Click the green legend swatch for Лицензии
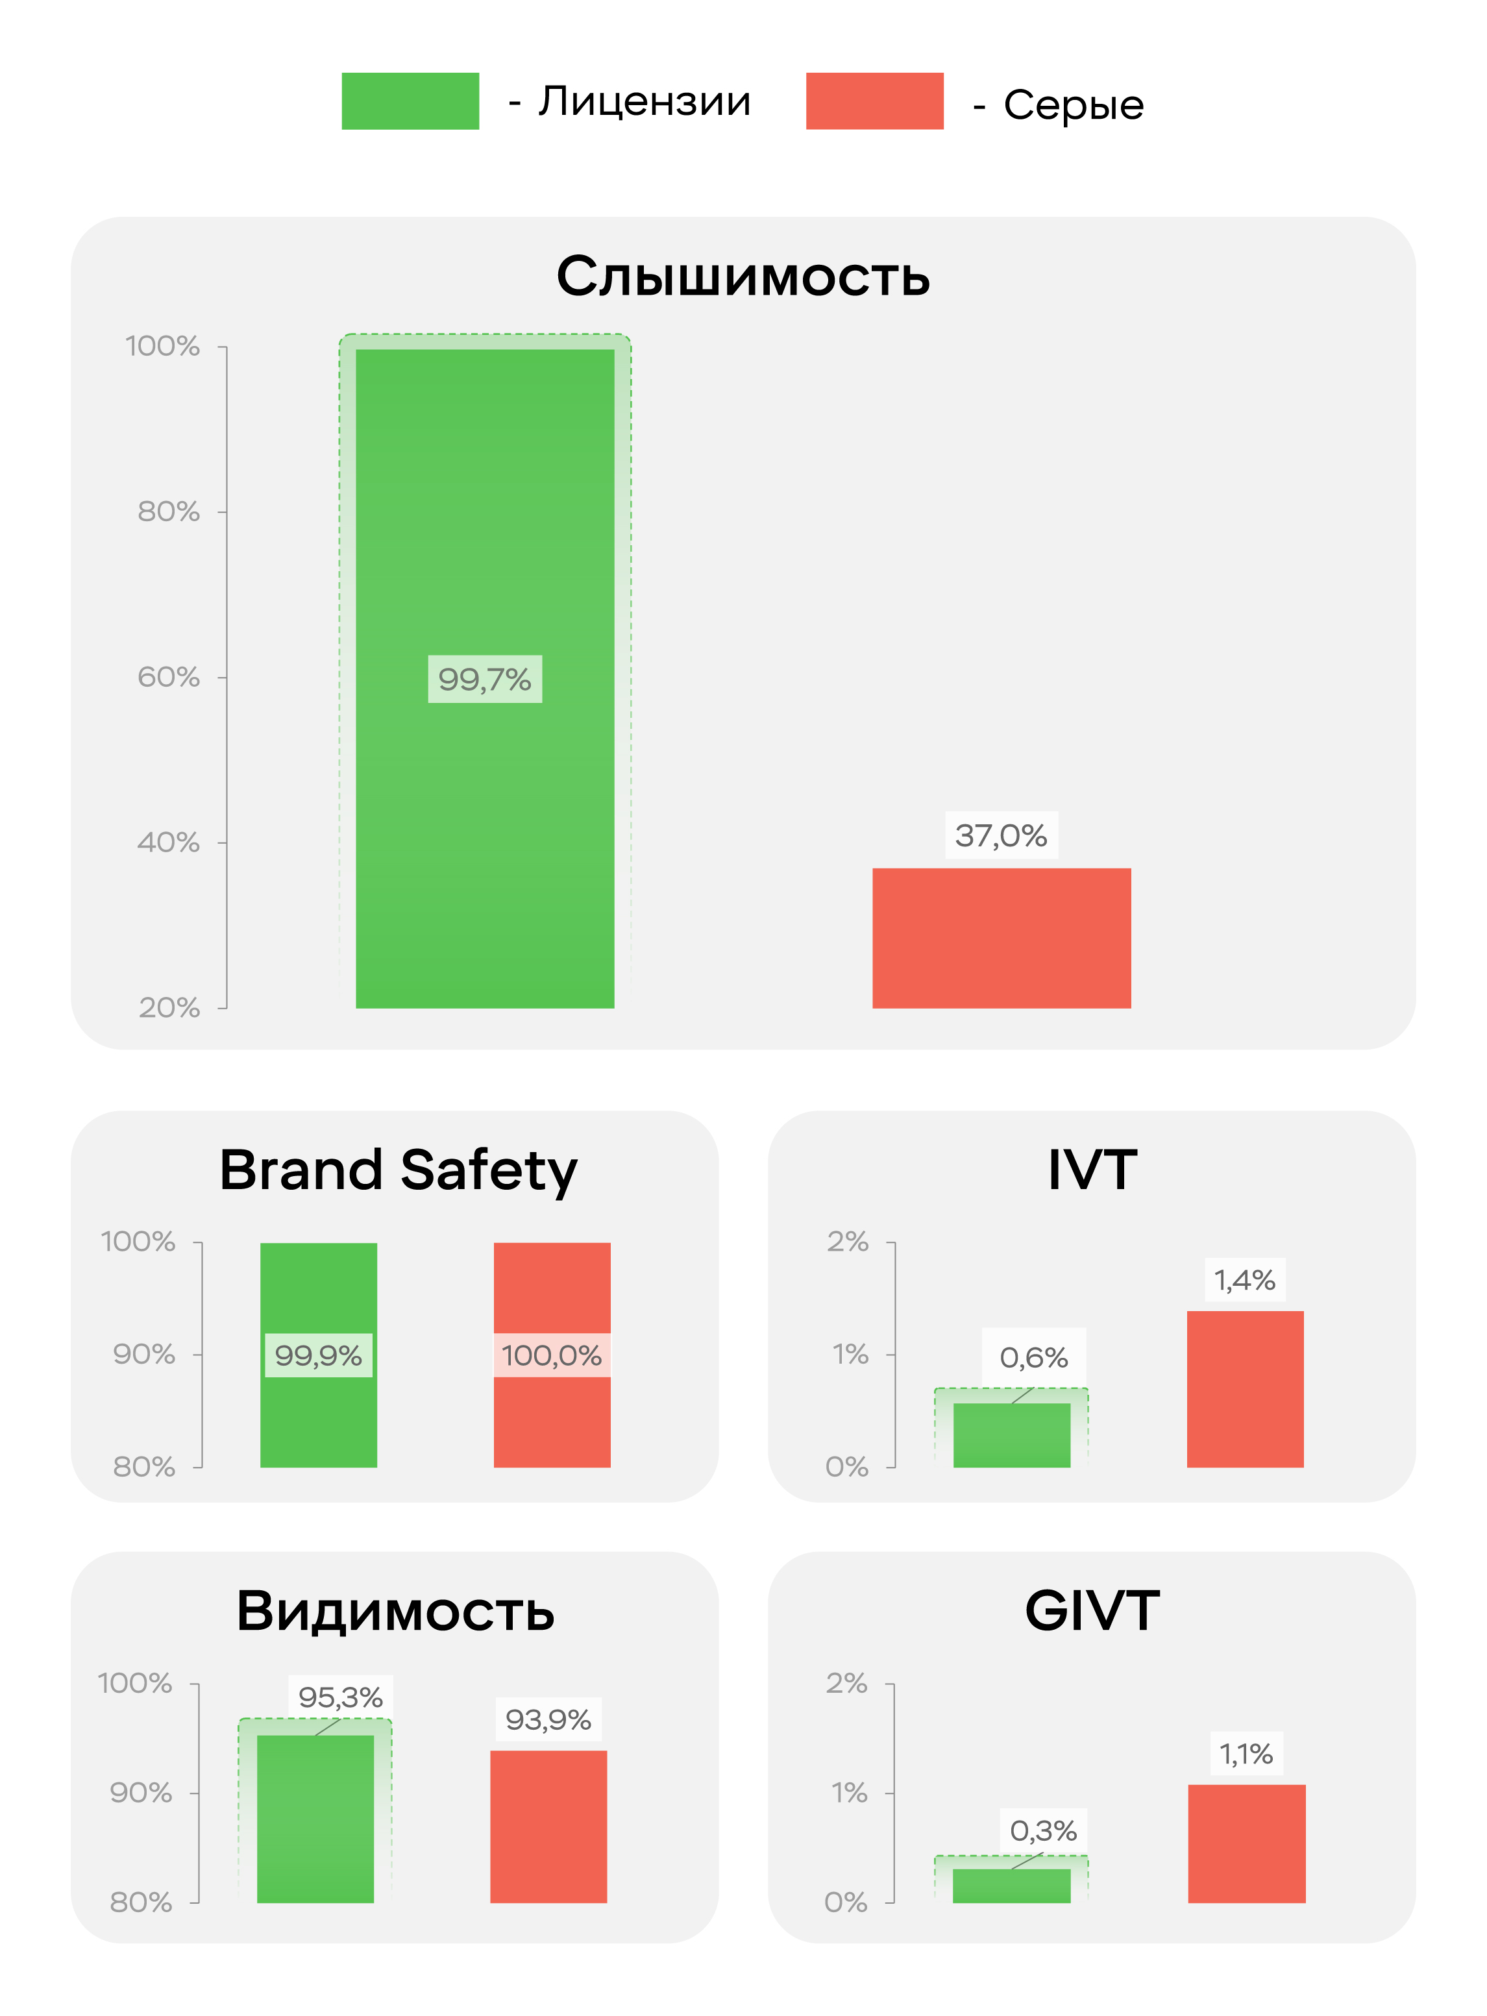(x=410, y=101)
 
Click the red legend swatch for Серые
(x=874, y=101)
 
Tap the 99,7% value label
(x=484, y=680)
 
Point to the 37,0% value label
(x=1001, y=835)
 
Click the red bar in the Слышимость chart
(x=1001, y=938)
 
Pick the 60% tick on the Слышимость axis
(x=168, y=677)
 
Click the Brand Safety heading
(x=398, y=1170)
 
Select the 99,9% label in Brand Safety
(x=318, y=1355)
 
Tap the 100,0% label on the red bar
(x=552, y=1355)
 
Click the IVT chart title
(x=1092, y=1170)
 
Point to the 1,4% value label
(x=1245, y=1280)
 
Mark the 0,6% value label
(x=1033, y=1357)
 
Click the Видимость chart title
(x=395, y=1611)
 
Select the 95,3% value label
(x=340, y=1697)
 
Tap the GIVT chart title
(x=1092, y=1611)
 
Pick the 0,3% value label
(x=1043, y=1830)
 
